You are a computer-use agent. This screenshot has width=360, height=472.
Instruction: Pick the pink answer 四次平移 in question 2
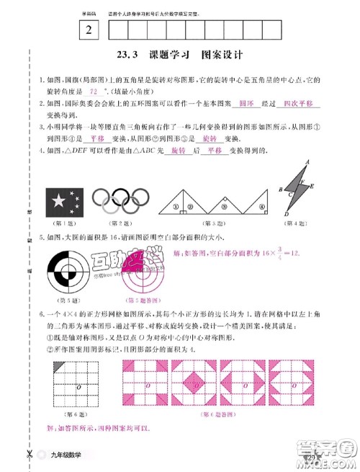click(x=299, y=104)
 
